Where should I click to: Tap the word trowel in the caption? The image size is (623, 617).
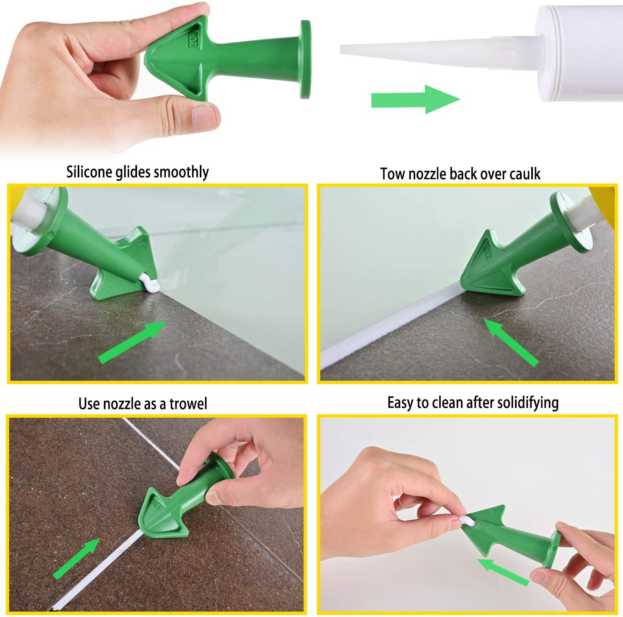point(188,404)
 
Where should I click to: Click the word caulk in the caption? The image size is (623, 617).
point(525,174)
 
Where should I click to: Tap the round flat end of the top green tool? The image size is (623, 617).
point(305,59)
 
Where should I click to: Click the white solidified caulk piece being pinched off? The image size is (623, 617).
point(465,521)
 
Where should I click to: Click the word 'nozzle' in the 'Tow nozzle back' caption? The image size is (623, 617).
point(426,174)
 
